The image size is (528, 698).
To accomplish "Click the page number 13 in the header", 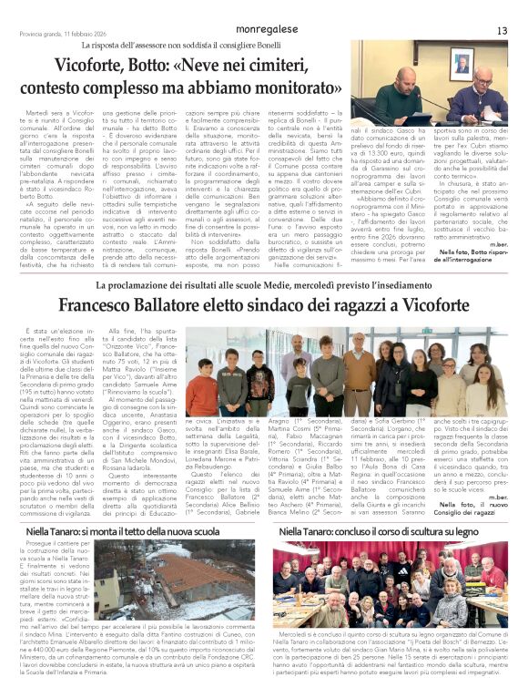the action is pos(502,31).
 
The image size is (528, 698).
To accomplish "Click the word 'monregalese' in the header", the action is pos(265,30).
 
